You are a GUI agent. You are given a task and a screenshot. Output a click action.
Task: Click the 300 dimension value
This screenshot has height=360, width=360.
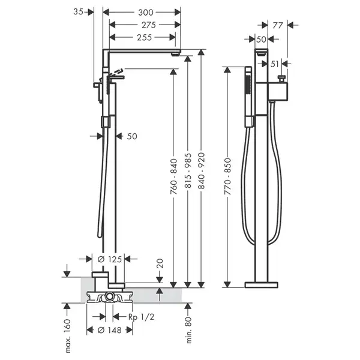click(x=146, y=12)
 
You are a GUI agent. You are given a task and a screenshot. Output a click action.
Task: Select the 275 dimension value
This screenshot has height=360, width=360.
click(x=149, y=25)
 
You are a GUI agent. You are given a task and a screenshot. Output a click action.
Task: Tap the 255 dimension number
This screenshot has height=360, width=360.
click(x=145, y=37)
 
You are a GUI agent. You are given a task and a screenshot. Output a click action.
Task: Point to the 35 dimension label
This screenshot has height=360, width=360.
click(x=78, y=12)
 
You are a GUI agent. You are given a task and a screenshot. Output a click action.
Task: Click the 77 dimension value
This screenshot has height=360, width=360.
click(x=278, y=25)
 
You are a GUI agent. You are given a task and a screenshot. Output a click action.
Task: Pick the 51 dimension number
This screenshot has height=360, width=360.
click(x=275, y=64)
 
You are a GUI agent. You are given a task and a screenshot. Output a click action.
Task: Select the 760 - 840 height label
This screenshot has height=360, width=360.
click(x=174, y=176)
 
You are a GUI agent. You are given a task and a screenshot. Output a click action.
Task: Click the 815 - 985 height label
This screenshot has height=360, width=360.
click(x=188, y=170)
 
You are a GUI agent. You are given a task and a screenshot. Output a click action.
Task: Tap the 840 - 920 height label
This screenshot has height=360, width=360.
click(x=202, y=170)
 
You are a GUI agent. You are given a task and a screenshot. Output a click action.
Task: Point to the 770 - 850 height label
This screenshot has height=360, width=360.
click(x=227, y=176)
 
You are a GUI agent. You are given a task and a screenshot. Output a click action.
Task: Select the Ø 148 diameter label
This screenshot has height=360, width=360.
click(x=110, y=330)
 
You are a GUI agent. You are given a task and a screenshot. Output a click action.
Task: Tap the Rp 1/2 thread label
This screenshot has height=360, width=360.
click(x=141, y=317)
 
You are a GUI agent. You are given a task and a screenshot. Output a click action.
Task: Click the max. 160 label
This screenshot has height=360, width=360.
click(x=68, y=335)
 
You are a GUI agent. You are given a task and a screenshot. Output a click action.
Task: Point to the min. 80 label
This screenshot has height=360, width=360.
click(x=188, y=330)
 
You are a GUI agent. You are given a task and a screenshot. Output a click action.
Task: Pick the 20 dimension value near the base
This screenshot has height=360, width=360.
click(x=160, y=263)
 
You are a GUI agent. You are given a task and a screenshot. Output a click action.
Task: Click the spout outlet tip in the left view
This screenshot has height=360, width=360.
click(x=176, y=55)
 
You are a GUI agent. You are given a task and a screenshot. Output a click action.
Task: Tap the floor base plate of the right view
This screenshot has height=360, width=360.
click(x=261, y=284)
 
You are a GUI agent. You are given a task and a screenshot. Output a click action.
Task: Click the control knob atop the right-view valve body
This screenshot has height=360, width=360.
click(x=281, y=79)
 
